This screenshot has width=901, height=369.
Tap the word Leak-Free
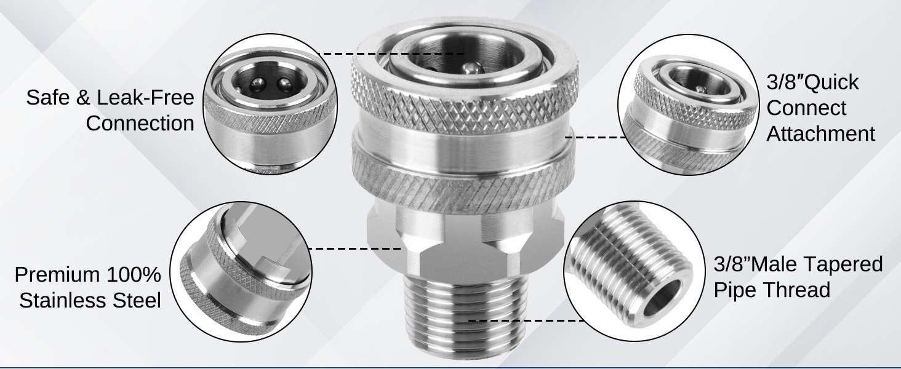click(x=146, y=98)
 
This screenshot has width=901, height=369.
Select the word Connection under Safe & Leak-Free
click(x=140, y=124)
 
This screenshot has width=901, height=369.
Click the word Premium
click(x=57, y=274)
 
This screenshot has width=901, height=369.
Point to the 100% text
click(x=134, y=274)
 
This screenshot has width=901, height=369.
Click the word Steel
click(x=139, y=300)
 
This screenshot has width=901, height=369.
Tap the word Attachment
click(x=820, y=133)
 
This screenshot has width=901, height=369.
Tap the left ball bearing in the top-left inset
click(x=257, y=85)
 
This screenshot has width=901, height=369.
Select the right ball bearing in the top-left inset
click(x=285, y=85)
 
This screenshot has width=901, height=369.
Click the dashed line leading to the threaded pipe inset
click(x=526, y=321)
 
